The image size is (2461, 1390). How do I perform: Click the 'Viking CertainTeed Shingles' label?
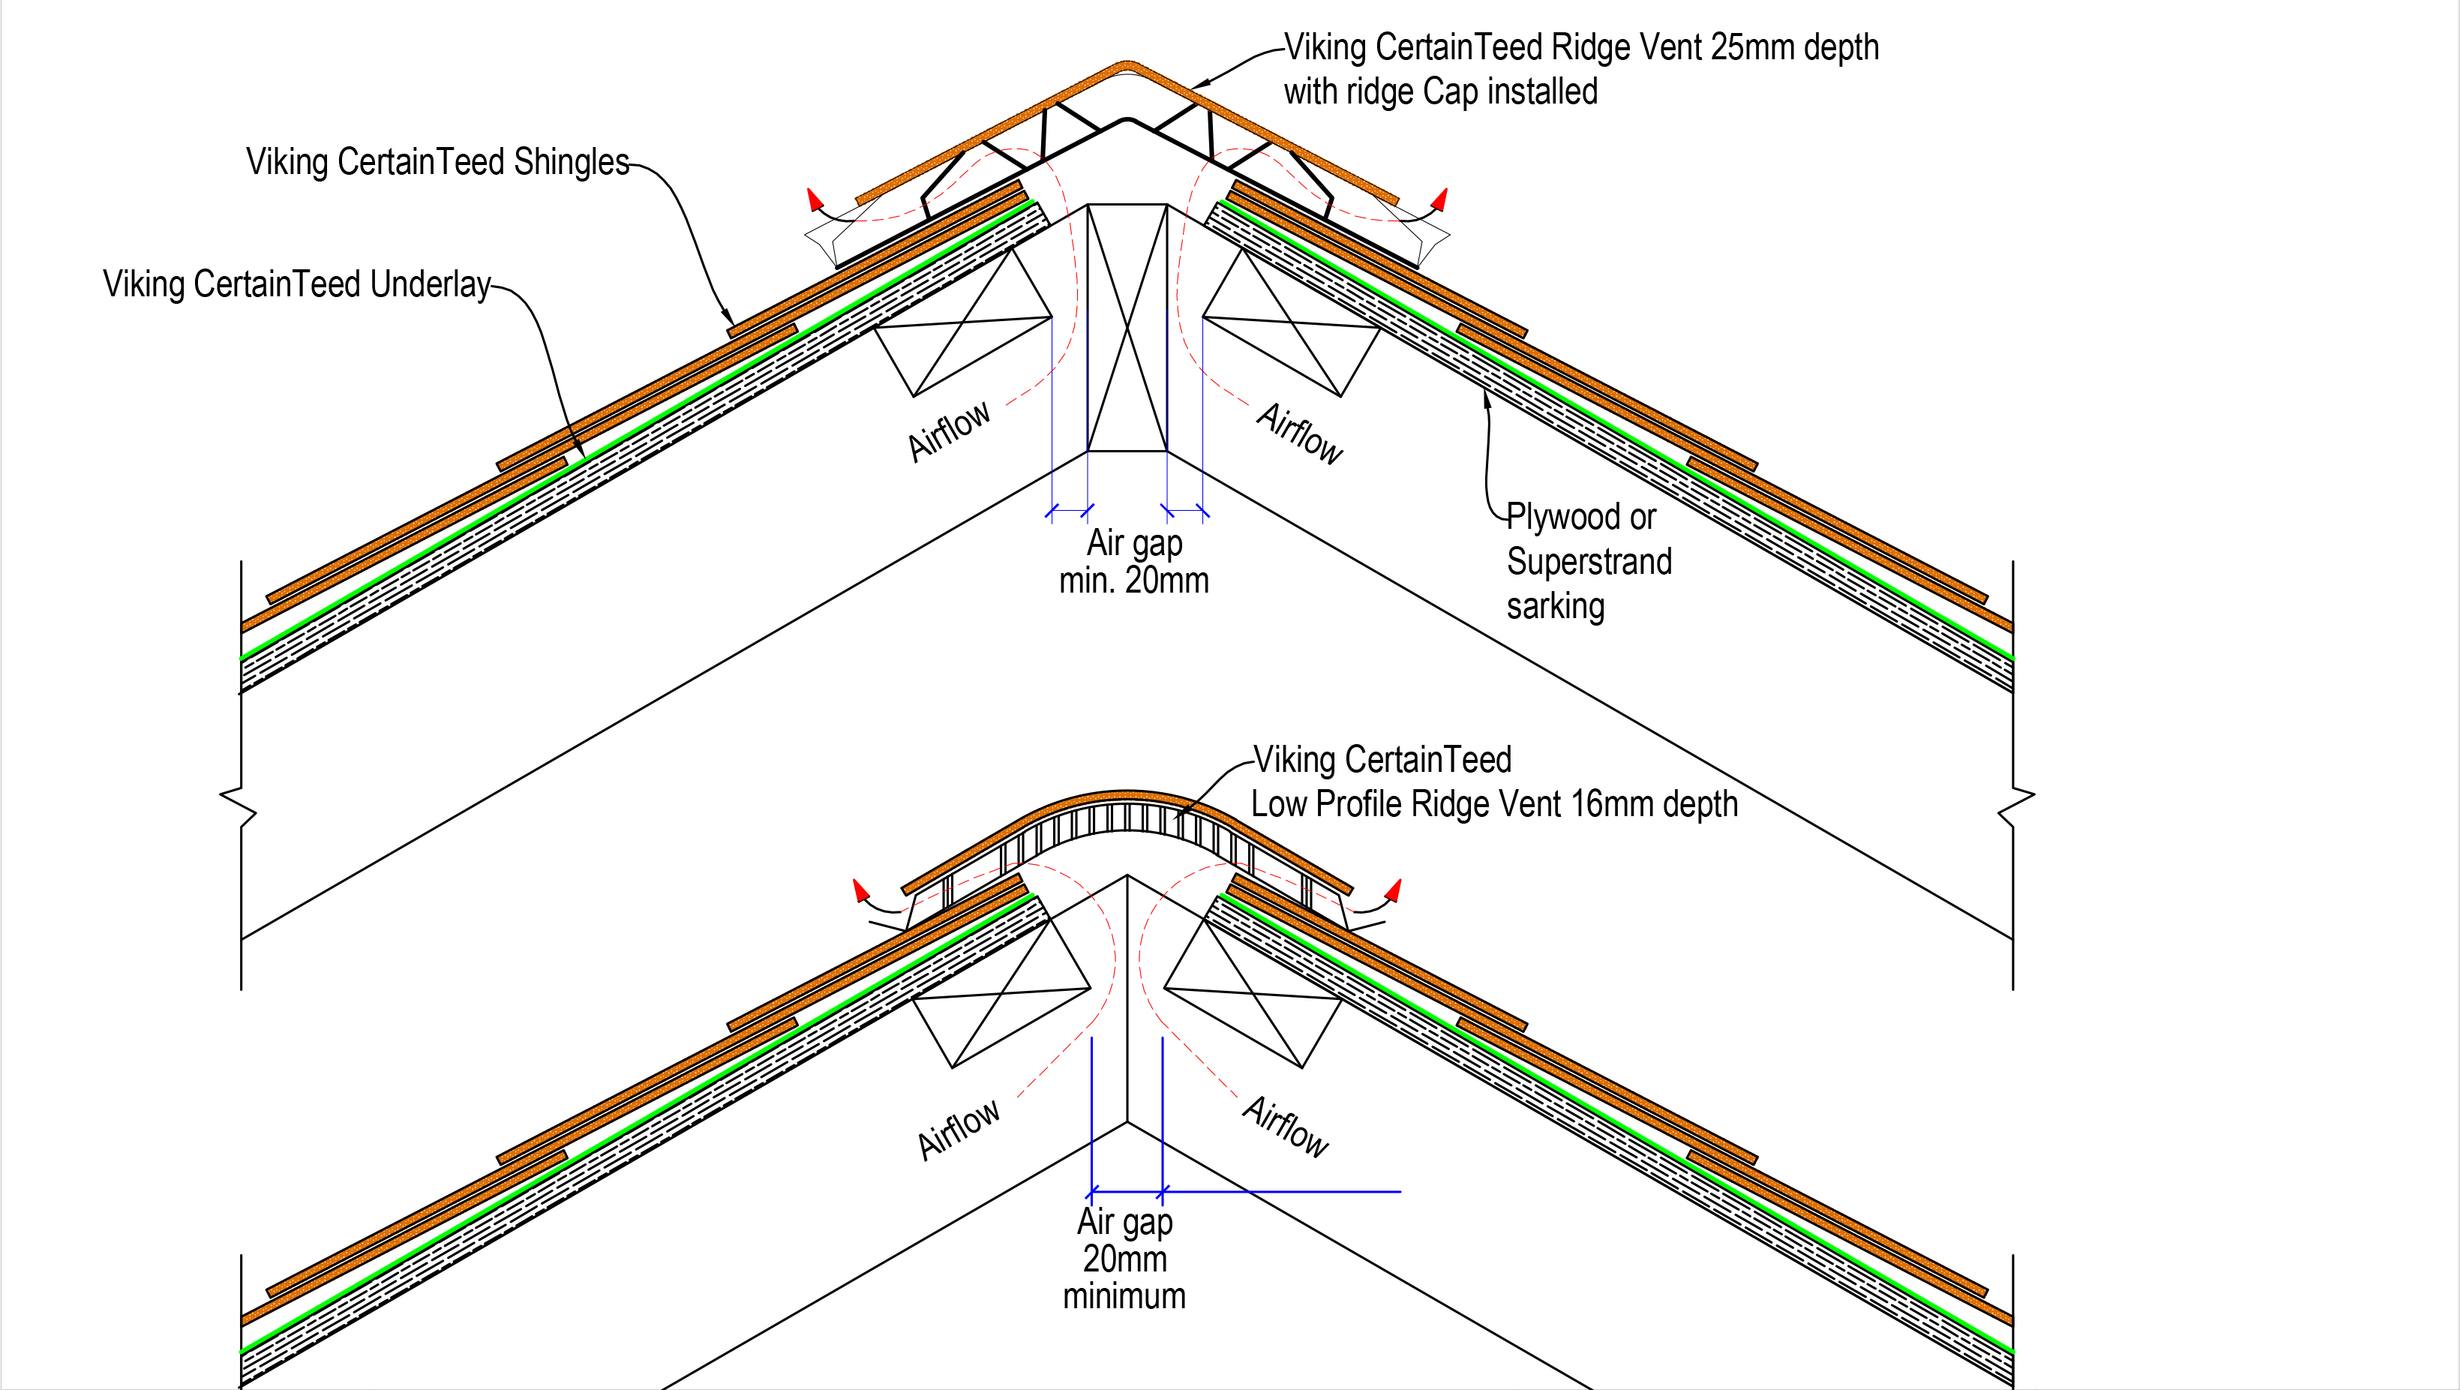(437, 161)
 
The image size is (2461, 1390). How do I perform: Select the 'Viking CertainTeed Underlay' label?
(296, 284)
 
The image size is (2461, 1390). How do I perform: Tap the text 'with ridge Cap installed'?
(1439, 92)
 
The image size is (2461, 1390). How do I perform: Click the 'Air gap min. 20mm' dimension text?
(1133, 562)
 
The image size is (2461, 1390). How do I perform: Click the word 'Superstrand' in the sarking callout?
(1589, 561)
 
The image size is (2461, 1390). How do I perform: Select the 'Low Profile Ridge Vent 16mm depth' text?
(1493, 804)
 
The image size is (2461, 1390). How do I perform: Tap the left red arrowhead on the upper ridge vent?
(814, 199)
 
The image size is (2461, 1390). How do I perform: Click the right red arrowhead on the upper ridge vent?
(1441, 199)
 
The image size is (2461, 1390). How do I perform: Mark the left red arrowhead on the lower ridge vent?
(860, 890)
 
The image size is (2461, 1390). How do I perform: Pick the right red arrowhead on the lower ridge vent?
(1395, 890)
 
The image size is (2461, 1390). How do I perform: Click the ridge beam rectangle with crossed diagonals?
(1127, 327)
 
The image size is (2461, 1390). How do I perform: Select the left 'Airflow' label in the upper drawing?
(949, 432)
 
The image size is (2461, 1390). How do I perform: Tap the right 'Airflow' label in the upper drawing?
(1300, 434)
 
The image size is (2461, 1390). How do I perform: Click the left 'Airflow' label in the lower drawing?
(959, 1129)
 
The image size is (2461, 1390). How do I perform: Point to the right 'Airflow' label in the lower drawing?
(1286, 1127)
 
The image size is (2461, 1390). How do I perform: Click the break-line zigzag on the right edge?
(2015, 806)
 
